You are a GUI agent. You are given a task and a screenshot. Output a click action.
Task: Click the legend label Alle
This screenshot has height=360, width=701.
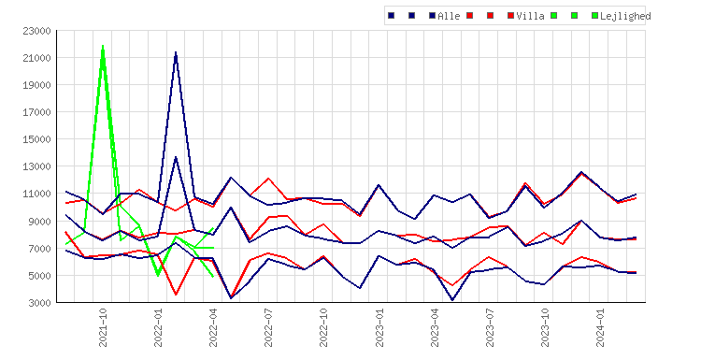449,16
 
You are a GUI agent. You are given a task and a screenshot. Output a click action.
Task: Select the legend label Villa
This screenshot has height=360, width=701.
530,16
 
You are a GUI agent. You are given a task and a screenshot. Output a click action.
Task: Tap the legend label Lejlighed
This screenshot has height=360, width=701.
625,16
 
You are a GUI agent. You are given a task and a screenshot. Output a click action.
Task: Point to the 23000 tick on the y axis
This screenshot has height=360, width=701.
36,31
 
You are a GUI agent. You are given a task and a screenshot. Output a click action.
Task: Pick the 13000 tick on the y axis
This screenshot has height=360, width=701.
36,166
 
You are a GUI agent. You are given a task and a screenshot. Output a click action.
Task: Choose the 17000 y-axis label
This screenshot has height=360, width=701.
36,112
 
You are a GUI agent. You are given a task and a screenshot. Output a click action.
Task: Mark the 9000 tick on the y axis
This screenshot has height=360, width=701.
39,222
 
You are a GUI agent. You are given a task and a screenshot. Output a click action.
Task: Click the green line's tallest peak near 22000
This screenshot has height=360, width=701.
103,46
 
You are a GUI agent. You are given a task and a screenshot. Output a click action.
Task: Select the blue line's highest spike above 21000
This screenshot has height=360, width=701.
176,52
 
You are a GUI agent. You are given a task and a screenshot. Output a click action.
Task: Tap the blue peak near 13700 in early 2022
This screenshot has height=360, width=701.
176,157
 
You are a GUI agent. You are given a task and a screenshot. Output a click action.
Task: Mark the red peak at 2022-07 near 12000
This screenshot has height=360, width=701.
268,179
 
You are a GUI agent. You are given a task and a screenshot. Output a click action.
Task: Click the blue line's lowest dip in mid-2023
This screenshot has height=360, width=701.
452,299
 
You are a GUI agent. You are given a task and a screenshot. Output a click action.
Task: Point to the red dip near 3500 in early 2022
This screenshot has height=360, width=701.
176,295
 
